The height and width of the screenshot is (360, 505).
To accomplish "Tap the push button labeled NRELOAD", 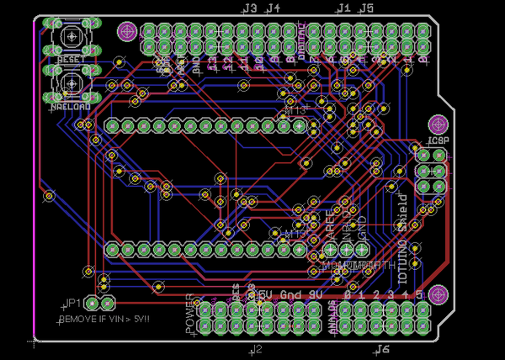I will point(69,84).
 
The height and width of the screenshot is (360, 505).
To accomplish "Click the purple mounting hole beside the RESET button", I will point(126,32).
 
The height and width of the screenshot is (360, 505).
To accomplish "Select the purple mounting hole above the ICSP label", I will point(437,124).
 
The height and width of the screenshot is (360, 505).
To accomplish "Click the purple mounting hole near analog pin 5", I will point(437,294).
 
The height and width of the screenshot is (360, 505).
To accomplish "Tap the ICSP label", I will point(438,140).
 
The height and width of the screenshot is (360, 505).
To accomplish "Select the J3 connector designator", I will point(249,8).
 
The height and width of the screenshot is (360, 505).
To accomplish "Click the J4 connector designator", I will point(272,8).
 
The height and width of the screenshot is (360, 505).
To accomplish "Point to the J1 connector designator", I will point(343,8).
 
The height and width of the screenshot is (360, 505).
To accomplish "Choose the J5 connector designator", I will point(366,8).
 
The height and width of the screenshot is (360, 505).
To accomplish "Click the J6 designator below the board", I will point(383,348).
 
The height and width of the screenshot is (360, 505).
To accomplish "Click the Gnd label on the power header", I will point(290,295).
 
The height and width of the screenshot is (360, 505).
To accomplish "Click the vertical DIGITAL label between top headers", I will point(302,38).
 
